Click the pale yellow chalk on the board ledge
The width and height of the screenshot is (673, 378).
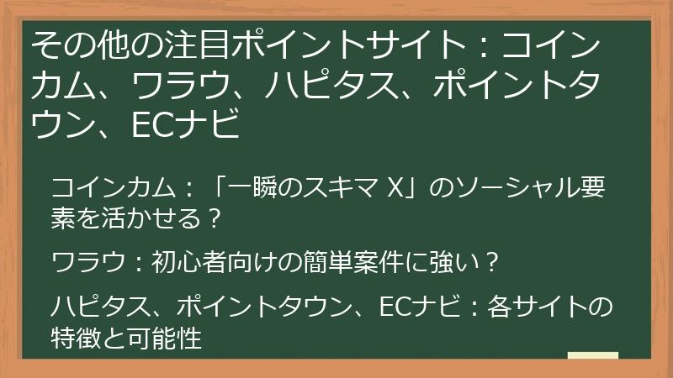592,355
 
